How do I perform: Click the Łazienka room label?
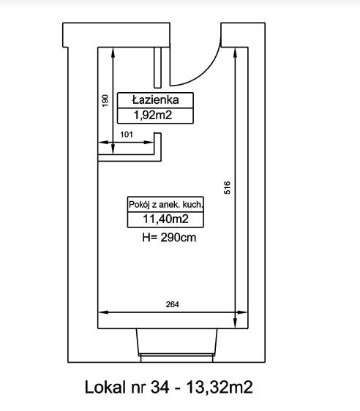point(155,100)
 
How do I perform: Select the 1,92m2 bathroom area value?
point(153,115)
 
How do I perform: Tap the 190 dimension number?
point(105,101)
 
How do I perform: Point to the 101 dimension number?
point(127,135)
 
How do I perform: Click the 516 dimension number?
point(227,188)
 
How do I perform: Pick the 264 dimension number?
point(172,304)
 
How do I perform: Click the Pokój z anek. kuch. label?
point(166,205)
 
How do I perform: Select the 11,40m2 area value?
point(165,219)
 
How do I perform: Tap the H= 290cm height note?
point(169,238)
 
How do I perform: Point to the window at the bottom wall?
point(176,345)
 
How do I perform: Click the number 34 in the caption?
point(160,387)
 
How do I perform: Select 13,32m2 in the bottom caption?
point(220,387)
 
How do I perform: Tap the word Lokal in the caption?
point(105,387)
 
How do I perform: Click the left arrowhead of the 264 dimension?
point(102,312)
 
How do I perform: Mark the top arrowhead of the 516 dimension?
point(235,52)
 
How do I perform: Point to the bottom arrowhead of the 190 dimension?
point(113,149)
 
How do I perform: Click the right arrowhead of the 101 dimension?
point(149,143)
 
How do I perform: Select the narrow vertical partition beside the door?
point(157,67)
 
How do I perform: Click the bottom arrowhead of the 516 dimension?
point(235,323)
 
